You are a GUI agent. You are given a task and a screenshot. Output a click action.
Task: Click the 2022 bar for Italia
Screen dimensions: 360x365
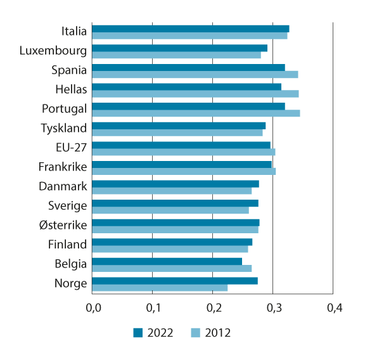190,29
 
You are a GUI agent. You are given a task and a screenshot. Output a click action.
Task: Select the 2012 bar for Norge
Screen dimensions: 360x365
160,288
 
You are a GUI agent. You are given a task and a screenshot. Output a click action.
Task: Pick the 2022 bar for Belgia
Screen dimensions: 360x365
167,261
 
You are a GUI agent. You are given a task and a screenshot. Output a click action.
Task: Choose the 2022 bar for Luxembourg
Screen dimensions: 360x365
179,48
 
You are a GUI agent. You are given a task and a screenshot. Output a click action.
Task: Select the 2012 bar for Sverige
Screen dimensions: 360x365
170,210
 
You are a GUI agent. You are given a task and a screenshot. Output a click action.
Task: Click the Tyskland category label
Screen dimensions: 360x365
63,128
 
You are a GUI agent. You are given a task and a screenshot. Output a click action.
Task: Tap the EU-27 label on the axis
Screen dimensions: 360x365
71,148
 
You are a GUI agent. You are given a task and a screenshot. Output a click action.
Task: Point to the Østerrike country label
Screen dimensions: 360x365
63,225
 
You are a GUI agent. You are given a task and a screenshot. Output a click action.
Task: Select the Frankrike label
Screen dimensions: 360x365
62,167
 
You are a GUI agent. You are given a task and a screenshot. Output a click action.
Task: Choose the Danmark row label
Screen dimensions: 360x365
63,186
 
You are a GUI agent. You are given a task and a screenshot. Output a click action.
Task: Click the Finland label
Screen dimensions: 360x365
67,245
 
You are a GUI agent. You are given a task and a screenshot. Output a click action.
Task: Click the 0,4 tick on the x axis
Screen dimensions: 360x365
334,309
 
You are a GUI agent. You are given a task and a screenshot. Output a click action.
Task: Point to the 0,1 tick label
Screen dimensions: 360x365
153,309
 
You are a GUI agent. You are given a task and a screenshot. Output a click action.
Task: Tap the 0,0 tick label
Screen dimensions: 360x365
93,309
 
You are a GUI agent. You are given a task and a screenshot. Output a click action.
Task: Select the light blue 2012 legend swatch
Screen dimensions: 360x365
196,333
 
